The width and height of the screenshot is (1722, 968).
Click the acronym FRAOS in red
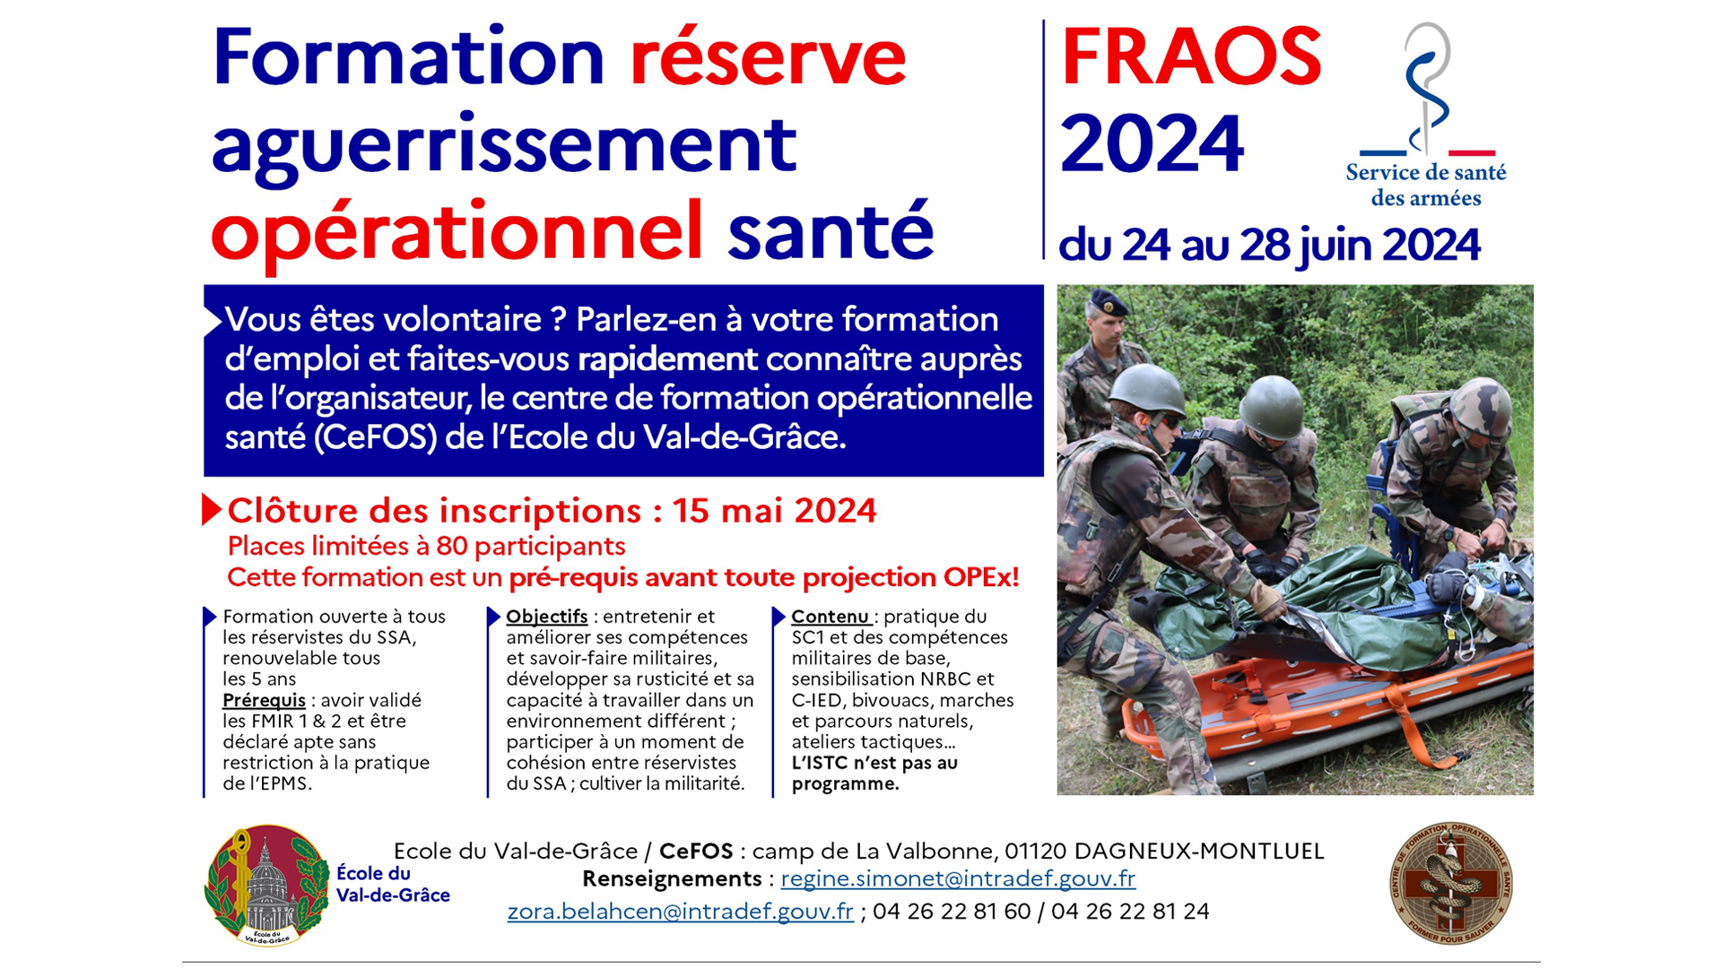click(x=1191, y=56)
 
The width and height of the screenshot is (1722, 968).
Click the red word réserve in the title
click(x=768, y=58)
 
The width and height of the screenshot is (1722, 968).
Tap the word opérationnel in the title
click(x=457, y=230)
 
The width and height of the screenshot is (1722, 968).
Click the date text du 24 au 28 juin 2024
click(x=1269, y=245)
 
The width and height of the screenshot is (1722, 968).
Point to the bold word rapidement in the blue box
click(x=667, y=359)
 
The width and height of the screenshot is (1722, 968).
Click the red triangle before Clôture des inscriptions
click(x=212, y=509)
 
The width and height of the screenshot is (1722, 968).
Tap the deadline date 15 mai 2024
click(x=775, y=510)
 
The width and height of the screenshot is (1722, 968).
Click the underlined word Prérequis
click(x=264, y=701)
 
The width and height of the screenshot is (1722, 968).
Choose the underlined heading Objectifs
click(x=547, y=617)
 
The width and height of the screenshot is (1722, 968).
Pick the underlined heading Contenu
click(x=830, y=617)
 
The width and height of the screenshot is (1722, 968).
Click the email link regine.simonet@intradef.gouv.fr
click(x=958, y=879)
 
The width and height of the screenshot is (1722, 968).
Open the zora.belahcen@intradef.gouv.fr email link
click(x=680, y=912)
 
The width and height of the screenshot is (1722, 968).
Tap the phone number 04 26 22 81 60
click(x=952, y=912)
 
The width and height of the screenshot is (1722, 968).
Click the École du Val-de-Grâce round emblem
click(x=267, y=886)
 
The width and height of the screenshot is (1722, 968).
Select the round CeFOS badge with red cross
click(x=1451, y=883)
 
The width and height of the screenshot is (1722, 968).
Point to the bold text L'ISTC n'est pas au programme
click(x=874, y=774)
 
